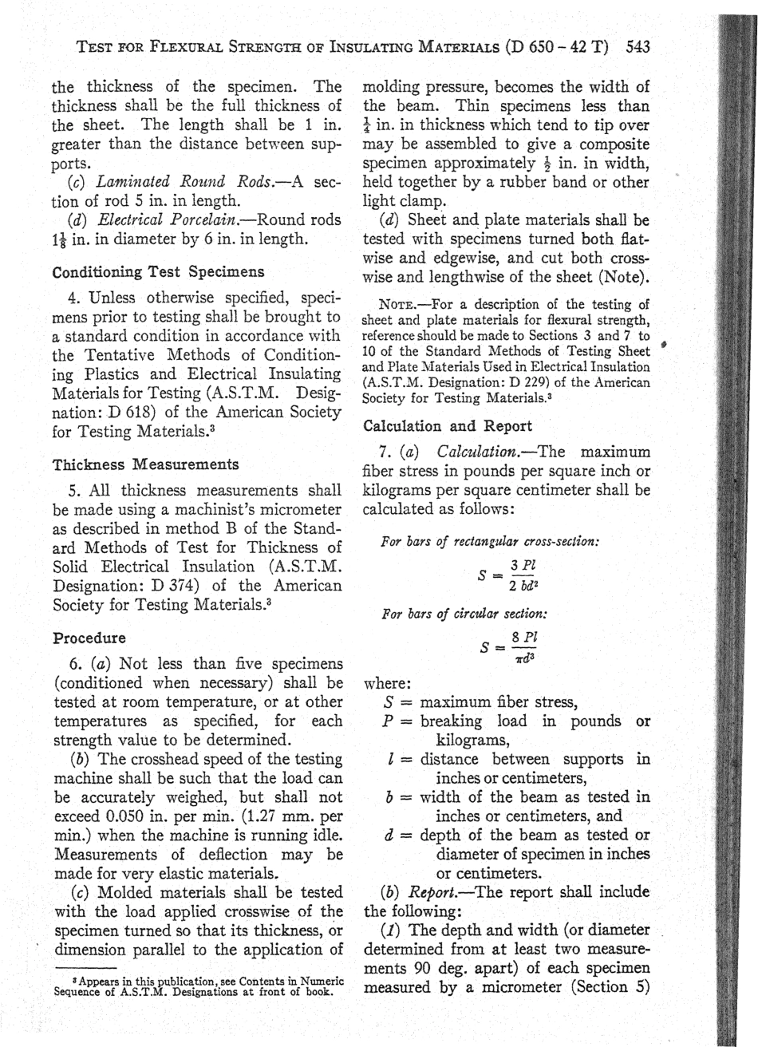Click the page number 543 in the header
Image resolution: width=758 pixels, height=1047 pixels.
tap(638, 46)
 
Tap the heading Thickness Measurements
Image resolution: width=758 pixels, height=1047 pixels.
tap(145, 464)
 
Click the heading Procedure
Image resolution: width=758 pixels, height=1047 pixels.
tap(89, 638)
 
